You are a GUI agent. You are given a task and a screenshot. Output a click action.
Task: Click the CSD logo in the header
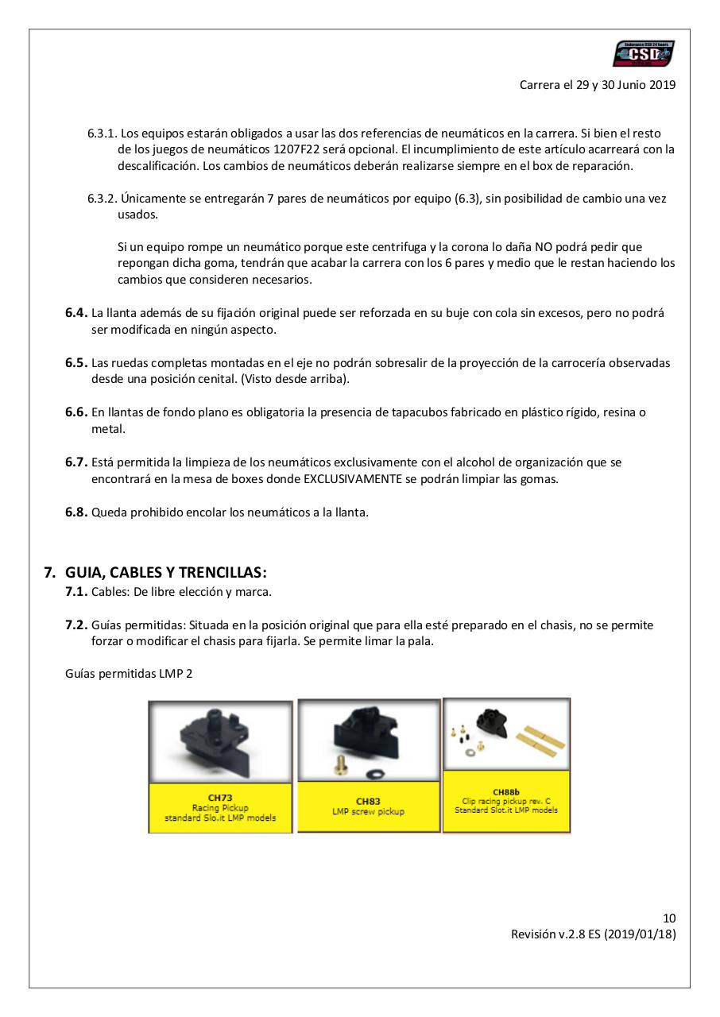[643, 54]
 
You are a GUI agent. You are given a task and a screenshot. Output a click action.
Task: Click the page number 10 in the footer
[669, 918]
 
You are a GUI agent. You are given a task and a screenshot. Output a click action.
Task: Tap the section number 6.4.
[76, 313]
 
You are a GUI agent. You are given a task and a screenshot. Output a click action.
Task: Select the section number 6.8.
[76, 512]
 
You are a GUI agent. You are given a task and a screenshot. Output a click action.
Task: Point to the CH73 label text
[220, 799]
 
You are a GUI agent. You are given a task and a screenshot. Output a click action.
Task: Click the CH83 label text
[368, 801]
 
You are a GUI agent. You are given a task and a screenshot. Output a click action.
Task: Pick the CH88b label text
[506, 791]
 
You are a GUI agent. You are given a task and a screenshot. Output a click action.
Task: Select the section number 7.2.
[76, 625]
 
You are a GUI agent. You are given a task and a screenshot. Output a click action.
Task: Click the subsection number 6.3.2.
[103, 199]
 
